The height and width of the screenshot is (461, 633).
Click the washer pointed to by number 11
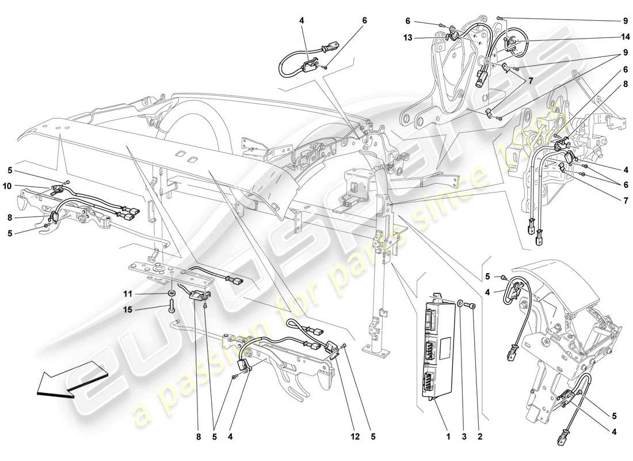(x=171, y=294)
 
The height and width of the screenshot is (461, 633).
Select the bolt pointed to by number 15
(x=172, y=309)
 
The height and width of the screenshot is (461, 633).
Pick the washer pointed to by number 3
(x=462, y=303)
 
